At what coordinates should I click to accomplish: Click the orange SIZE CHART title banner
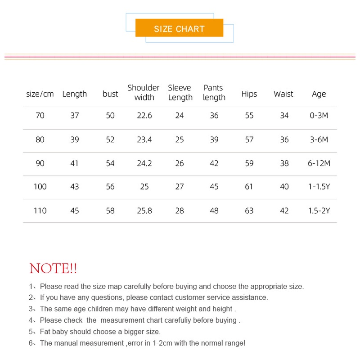pos(179,29)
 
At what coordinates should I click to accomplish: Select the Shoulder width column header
pos(144,93)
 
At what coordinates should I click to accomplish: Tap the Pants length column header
pos(214,93)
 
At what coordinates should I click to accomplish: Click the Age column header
pos(319,94)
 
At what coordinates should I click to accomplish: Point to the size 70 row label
pos(40,116)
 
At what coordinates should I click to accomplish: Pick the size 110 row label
pos(40,211)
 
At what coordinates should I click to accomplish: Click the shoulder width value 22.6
pos(144,116)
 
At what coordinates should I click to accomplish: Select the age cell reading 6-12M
pos(319,163)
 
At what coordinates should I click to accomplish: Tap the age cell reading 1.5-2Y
pos(319,211)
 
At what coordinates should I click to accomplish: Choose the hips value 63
pos(249,211)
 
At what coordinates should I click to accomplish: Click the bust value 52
pos(110,139)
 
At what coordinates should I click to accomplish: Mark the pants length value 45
pos(214,187)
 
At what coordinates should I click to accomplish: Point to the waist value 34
pos(284,116)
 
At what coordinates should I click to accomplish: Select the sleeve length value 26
pos(180,163)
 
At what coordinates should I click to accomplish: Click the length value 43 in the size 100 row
pos(75,187)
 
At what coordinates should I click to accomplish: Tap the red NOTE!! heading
pos(53,269)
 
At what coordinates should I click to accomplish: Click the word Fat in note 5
pos(45,332)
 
